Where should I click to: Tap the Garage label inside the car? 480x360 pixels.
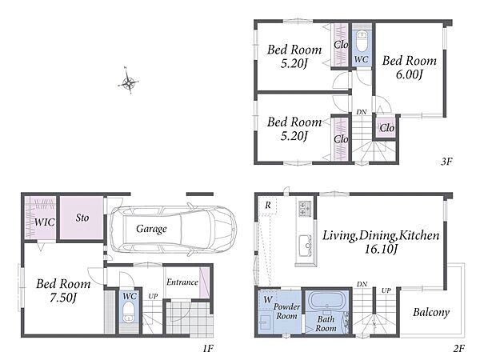[151, 228]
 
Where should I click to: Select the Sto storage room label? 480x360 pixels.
[82, 218]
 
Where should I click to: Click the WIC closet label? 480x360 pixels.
[44, 222]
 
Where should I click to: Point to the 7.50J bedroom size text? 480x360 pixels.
[63, 297]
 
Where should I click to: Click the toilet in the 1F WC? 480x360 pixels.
[129, 313]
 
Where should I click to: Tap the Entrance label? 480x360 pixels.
[182, 282]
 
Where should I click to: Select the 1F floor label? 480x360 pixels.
[208, 348]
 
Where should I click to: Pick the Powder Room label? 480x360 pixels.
[286, 311]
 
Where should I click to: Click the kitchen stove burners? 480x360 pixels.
[305, 208]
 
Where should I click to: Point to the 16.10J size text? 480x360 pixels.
[381, 249]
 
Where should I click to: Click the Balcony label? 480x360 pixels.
[431, 312]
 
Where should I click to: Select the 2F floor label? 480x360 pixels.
[459, 348]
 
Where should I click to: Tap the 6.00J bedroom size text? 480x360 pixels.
[410, 74]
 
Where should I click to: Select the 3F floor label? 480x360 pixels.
[446, 161]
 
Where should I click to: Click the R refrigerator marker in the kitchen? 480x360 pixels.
[268, 205]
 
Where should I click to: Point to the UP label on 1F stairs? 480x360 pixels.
[153, 296]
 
